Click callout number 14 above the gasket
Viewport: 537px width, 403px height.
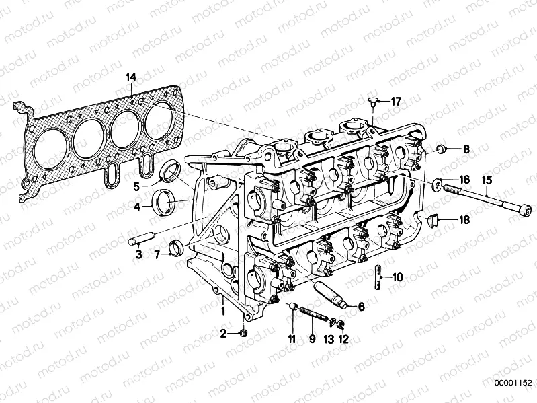[130, 78]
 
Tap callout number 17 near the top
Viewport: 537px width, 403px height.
[395, 102]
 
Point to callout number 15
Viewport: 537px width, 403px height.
[487, 180]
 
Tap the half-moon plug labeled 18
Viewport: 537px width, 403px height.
[434, 219]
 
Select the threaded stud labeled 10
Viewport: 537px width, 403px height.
[378, 276]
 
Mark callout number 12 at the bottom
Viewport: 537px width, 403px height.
[344, 340]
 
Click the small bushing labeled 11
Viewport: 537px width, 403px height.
[292, 308]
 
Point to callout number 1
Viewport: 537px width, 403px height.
[222, 311]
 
